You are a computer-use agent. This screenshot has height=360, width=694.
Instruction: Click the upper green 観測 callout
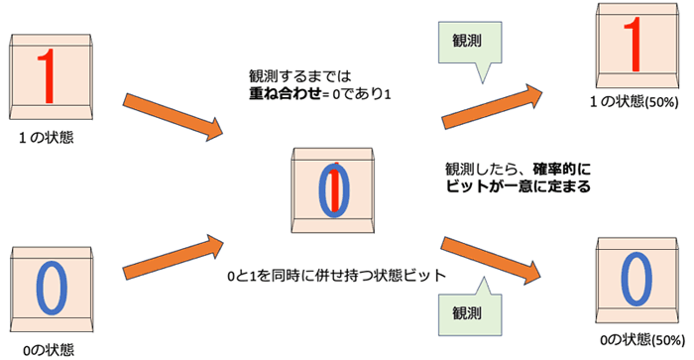tap(465, 42)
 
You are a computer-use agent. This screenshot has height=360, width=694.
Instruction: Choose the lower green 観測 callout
tap(465, 309)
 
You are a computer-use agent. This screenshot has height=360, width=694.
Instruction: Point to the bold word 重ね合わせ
tap(288, 93)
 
